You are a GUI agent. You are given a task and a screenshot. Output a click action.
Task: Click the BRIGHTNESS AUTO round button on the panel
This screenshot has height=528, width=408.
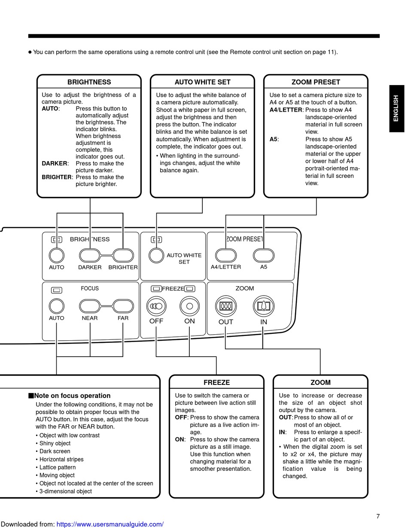tap(57, 255)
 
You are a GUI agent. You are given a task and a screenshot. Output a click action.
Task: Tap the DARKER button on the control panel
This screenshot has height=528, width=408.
tap(89, 255)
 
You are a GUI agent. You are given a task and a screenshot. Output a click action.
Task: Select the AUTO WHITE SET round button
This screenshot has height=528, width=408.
tap(156, 255)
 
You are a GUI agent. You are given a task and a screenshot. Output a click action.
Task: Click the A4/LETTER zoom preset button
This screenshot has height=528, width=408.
tap(226, 255)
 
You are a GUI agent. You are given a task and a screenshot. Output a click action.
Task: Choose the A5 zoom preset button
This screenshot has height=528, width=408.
tap(264, 255)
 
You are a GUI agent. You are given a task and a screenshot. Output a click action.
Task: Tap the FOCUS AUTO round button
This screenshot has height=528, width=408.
tap(57, 305)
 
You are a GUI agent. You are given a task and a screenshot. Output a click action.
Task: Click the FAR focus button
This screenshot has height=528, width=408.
tap(123, 305)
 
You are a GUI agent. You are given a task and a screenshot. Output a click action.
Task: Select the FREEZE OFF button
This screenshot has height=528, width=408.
tap(156, 306)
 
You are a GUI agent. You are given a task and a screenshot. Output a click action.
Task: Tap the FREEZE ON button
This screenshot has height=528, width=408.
tap(190, 306)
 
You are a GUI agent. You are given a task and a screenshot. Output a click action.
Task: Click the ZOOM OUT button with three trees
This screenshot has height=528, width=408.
tap(226, 306)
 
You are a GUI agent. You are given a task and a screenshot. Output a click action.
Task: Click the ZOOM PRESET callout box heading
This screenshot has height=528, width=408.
tap(316, 82)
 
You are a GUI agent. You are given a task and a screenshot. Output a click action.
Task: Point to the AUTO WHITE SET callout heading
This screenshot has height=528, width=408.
tap(203, 82)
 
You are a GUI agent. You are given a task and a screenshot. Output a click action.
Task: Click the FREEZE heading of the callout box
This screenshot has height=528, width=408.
tap(216, 382)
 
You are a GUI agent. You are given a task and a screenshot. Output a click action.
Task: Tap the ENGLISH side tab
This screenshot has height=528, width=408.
tap(396, 108)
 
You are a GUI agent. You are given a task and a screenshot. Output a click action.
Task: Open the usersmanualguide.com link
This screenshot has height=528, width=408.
tap(110, 524)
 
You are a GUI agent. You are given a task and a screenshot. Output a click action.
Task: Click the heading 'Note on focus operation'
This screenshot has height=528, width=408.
tap(72, 396)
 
